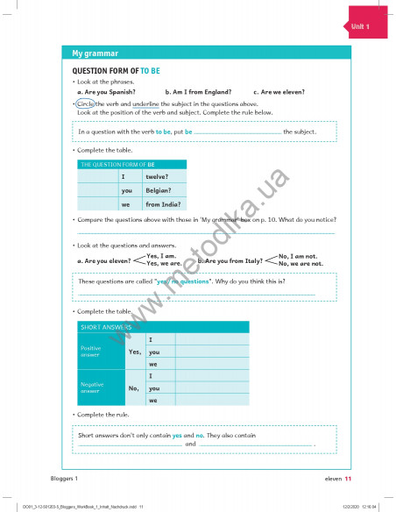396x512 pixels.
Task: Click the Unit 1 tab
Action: pos(360,27)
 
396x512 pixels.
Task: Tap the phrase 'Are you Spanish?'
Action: pos(109,91)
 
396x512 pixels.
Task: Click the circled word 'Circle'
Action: pos(84,103)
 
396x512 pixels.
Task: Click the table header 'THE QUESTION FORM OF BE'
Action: pos(117,164)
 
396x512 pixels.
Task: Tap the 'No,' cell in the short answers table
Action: pos(134,388)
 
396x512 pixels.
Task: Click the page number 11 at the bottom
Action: pos(348,479)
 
